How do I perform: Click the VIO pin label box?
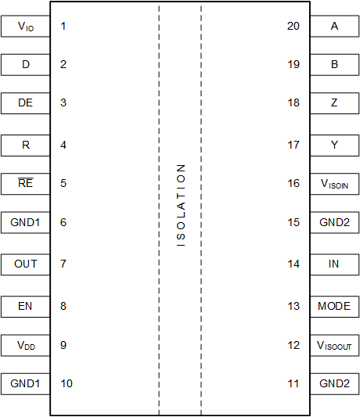[x=25, y=27]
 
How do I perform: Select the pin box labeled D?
[x=25, y=64]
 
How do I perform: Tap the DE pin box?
[x=25, y=102]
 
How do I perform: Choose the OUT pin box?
[x=25, y=264]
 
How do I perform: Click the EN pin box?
[x=25, y=306]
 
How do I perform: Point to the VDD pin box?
[x=25, y=344]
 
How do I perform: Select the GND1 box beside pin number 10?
[x=25, y=384]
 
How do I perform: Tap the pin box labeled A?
[x=334, y=27]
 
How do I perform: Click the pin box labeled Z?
[x=334, y=102]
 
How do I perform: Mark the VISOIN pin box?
[x=334, y=184]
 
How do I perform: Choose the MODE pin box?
[x=334, y=306]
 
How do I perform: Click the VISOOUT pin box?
[x=334, y=344]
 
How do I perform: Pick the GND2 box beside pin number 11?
[x=334, y=384]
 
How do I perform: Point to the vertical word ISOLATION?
[x=181, y=205]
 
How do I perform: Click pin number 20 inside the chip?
[x=293, y=27]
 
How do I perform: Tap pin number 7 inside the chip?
[x=63, y=264]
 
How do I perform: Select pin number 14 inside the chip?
[x=293, y=264]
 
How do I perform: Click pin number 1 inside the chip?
[x=63, y=27]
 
